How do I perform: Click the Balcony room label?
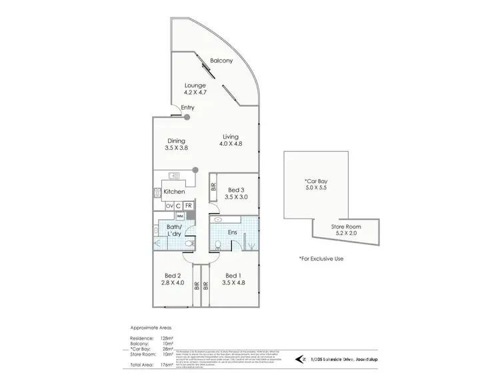(x=221, y=61)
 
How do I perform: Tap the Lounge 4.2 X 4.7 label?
(x=195, y=89)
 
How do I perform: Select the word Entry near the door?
(x=189, y=108)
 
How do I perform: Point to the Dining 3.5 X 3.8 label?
(x=176, y=144)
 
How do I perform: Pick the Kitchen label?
(x=174, y=192)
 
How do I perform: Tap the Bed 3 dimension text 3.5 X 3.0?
(x=237, y=198)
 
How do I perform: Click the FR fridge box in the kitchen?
(x=189, y=206)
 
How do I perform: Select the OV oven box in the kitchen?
(x=169, y=206)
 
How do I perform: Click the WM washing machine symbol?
(x=180, y=216)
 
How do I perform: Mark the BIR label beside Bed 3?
(x=213, y=188)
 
